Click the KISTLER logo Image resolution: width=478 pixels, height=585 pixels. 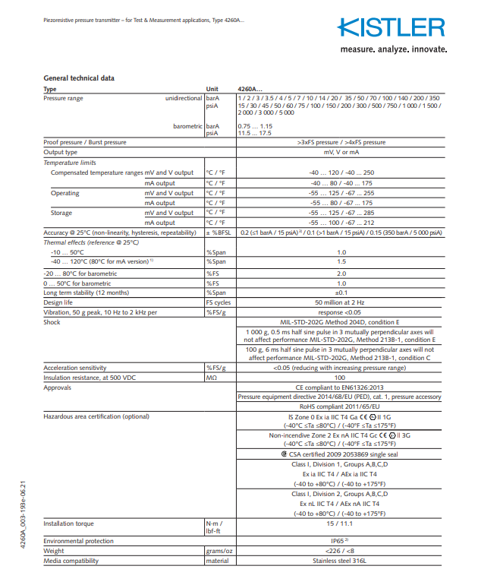point(392,29)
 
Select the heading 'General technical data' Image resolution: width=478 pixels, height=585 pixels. point(79,78)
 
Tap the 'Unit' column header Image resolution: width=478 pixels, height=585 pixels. point(212,89)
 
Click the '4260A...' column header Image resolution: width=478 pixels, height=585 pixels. point(250,89)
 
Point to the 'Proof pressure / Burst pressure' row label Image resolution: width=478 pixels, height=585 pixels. point(85,142)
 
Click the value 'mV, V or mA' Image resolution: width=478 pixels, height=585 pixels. point(341,152)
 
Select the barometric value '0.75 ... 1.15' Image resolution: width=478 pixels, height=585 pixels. point(255,125)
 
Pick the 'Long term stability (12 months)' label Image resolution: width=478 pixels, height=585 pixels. point(86,292)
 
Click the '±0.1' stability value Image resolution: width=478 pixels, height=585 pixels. point(341,292)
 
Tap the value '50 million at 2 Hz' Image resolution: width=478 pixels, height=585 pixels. point(341,302)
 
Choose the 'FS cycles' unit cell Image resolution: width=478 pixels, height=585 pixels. point(219,302)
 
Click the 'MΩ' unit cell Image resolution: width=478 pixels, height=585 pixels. point(212,377)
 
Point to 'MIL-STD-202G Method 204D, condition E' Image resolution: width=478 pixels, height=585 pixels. point(341,321)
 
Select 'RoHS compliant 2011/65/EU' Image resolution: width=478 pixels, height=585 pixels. point(341,406)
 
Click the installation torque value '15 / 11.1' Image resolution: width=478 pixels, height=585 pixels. point(341,523)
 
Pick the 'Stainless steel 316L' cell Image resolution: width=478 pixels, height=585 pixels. point(341,561)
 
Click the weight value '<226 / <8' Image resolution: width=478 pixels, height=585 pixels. point(341,552)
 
